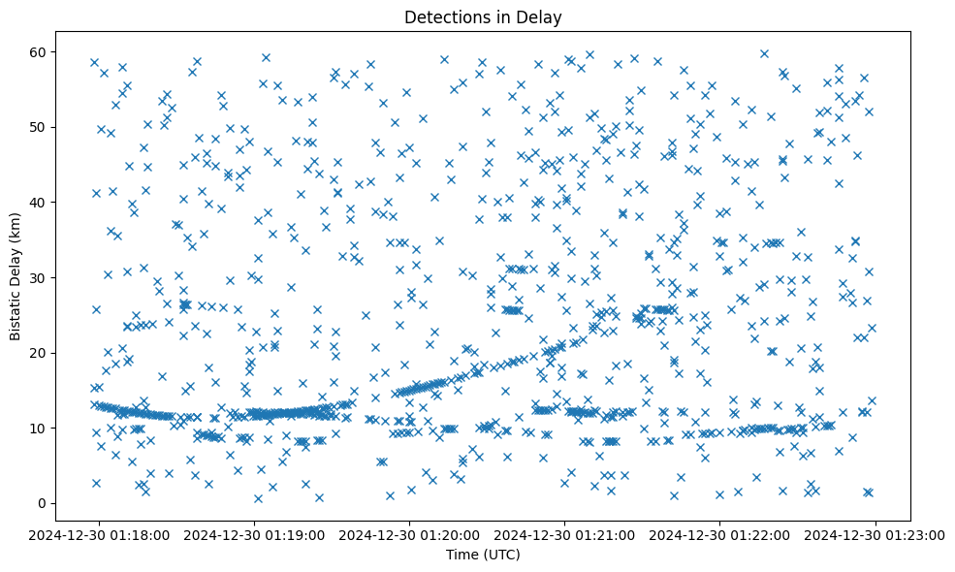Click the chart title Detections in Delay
(x=483, y=17)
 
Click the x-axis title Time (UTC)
(x=483, y=555)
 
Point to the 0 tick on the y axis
(x=43, y=503)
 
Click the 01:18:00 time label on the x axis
(x=99, y=534)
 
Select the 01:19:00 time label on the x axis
(x=255, y=534)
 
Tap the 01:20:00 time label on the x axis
(x=410, y=534)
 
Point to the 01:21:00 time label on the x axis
(x=565, y=534)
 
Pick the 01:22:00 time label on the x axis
(x=720, y=534)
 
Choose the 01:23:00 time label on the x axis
(x=875, y=534)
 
